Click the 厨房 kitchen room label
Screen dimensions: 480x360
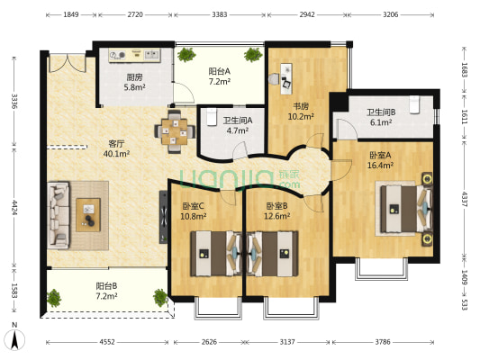tap(135, 77)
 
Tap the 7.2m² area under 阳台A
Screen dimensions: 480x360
tap(220, 82)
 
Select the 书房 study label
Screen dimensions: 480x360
tap(301, 106)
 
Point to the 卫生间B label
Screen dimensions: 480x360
tap(381, 112)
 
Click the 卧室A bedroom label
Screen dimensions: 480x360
tap(381, 155)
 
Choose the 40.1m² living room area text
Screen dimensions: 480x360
tap(117, 154)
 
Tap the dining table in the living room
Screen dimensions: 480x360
tap(175, 131)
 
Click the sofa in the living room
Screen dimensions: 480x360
tap(59, 215)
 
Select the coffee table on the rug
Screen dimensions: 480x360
tap(88, 215)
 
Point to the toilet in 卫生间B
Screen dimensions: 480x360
tap(414, 104)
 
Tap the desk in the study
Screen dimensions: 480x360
tap(286, 78)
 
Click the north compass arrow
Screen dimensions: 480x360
tap(14, 340)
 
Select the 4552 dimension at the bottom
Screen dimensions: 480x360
tap(107, 342)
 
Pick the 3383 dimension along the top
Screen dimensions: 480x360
tap(220, 14)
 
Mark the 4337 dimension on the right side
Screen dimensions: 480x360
tap(465, 199)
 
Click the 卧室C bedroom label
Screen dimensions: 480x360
tap(193, 206)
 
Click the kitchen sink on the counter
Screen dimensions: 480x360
tap(152, 54)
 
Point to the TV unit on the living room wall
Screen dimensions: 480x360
tap(164, 217)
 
